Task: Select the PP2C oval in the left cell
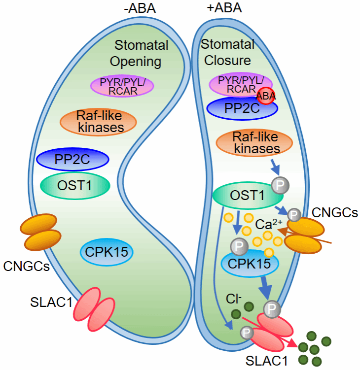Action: pos(72,160)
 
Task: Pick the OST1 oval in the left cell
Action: pos(74,185)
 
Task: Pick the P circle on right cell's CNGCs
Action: pos(294,215)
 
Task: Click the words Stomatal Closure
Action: pos(227,53)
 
